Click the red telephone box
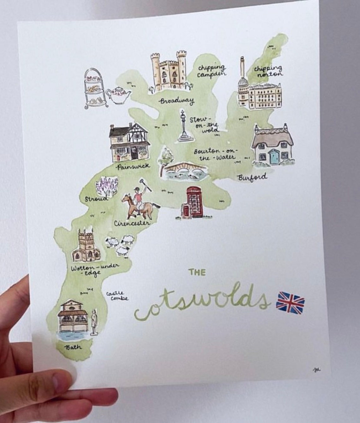[194, 202]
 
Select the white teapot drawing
[118, 95]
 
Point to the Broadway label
[177, 101]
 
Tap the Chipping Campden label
[212, 71]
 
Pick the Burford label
[252, 177]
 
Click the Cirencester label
[132, 223]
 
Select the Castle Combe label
[117, 296]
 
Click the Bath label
[73, 347]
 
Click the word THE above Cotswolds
[197, 272]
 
